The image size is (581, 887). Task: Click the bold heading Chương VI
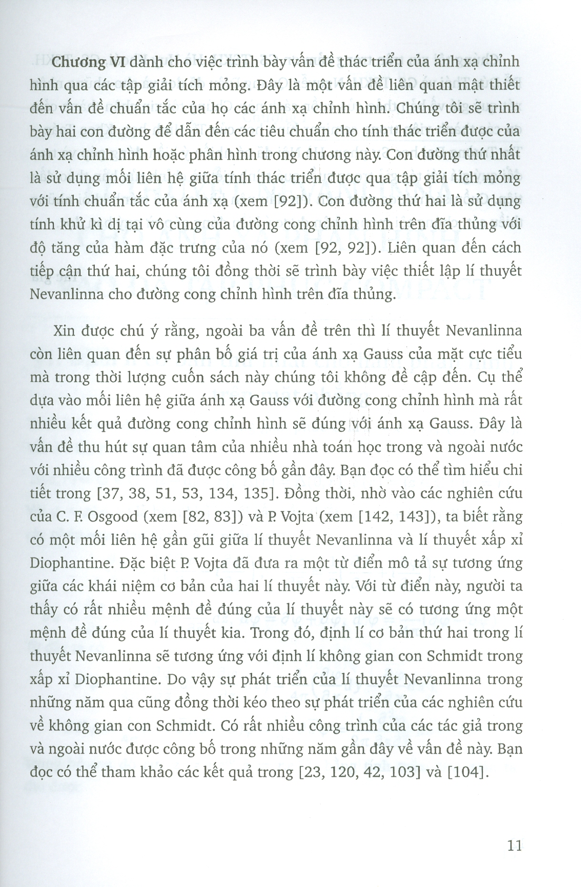(88, 62)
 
